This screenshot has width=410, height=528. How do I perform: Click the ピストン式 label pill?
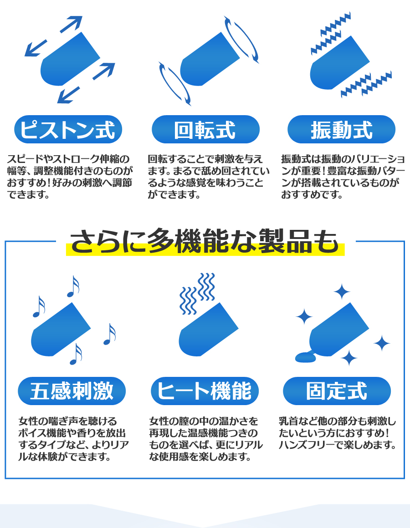(68, 129)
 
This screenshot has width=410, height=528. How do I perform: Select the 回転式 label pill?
(205, 129)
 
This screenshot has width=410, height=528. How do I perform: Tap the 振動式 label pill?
(341, 129)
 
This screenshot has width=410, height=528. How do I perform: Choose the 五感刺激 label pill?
(72, 391)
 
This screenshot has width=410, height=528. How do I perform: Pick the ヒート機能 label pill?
(205, 391)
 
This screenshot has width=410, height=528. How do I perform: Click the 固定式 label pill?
(337, 391)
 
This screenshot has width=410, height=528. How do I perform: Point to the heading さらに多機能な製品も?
(205, 241)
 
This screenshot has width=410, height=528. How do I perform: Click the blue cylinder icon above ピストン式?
(70, 59)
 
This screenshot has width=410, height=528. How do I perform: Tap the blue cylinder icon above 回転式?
(210, 59)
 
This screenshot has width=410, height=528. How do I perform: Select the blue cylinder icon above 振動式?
(339, 63)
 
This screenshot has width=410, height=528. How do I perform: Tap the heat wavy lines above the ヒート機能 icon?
(197, 293)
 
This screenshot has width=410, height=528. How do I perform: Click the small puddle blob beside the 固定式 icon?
(305, 357)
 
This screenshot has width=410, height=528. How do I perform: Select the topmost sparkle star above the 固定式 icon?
(342, 292)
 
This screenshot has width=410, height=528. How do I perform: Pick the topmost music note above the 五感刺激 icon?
(73, 287)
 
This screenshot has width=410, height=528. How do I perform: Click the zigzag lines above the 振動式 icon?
(330, 33)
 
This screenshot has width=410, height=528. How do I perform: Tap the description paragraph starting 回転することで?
(209, 177)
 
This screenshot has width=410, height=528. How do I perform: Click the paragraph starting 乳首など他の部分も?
(337, 433)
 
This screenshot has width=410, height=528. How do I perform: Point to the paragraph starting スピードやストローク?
(70, 177)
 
